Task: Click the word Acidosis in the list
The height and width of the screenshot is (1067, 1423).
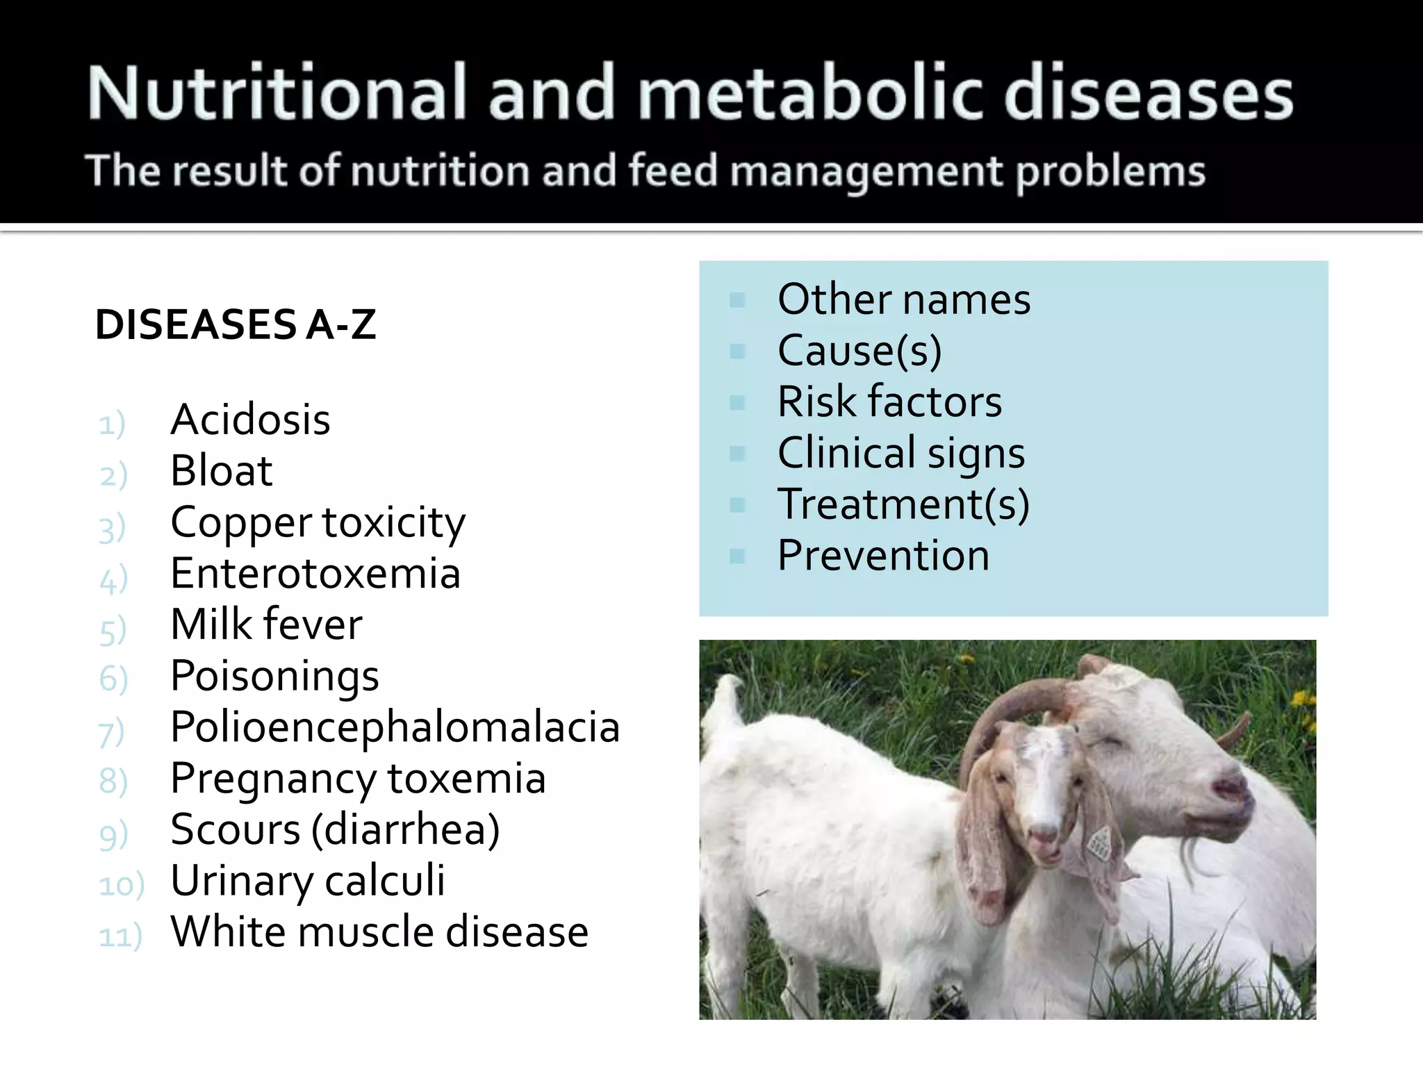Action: pyautogui.click(x=250, y=420)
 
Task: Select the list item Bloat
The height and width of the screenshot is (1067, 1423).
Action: pyautogui.click(x=221, y=471)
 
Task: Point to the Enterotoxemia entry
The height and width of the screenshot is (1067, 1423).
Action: pyautogui.click(x=315, y=574)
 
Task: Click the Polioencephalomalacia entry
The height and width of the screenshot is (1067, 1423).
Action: pyautogui.click(x=395, y=727)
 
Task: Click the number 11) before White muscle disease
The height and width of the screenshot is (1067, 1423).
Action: pyautogui.click(x=120, y=936)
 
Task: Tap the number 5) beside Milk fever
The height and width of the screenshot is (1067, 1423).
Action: pyautogui.click(x=113, y=631)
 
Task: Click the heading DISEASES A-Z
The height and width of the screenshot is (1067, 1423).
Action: pyautogui.click(x=236, y=324)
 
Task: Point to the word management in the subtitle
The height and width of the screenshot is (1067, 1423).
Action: pyautogui.click(x=866, y=172)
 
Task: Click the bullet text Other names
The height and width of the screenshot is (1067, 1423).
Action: pyautogui.click(x=903, y=299)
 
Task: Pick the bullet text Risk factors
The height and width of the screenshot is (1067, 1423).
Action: pyautogui.click(x=889, y=402)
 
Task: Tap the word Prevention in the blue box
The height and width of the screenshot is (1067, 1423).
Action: pyautogui.click(x=883, y=556)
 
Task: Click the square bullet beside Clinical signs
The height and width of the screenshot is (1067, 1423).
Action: pyautogui.click(x=737, y=454)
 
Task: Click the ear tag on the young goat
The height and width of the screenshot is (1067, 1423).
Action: pyautogui.click(x=1099, y=843)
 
